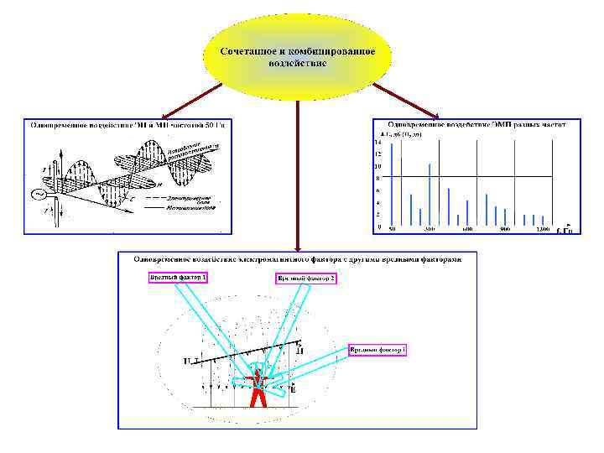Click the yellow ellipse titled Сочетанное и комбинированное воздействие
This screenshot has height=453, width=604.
[x=297, y=55]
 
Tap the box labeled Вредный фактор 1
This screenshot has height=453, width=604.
[x=178, y=277]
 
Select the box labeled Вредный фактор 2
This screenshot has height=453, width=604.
[x=306, y=278]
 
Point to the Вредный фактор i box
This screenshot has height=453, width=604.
[x=377, y=349]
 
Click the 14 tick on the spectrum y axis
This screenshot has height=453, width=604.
[x=377, y=143]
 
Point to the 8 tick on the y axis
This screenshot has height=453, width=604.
[x=377, y=179]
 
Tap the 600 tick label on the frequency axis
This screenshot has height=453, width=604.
[x=467, y=229]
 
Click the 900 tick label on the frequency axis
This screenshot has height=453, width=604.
[x=505, y=229]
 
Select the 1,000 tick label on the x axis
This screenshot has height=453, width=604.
[x=543, y=229]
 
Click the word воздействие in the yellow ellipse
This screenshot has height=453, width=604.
[x=297, y=63]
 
